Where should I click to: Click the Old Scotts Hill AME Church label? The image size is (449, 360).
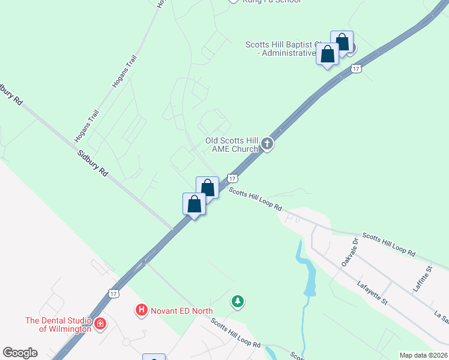coord(232,144)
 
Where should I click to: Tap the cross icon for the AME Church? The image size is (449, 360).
coord(267,144)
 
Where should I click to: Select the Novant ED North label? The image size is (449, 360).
coord(181,310)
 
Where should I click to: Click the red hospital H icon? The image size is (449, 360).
coord(142,310)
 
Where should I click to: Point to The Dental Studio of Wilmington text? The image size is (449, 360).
coord(58,324)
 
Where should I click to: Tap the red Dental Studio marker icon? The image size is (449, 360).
coord(100,325)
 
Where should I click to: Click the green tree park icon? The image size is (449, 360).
coord(238,301)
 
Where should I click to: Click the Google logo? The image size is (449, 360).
coord(20,353)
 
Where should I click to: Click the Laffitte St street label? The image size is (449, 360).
coord(423,279)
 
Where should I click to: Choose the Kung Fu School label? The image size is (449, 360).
coord(271,1)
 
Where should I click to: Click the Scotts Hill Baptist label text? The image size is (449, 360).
coord(280,49)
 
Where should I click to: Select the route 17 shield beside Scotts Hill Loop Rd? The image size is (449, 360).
coord(233,178)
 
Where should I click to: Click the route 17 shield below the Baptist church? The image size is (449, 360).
coord(357,69)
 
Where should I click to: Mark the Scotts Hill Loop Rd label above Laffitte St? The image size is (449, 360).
coord(388,245)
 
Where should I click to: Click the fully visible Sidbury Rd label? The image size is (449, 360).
coord(93,163)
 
